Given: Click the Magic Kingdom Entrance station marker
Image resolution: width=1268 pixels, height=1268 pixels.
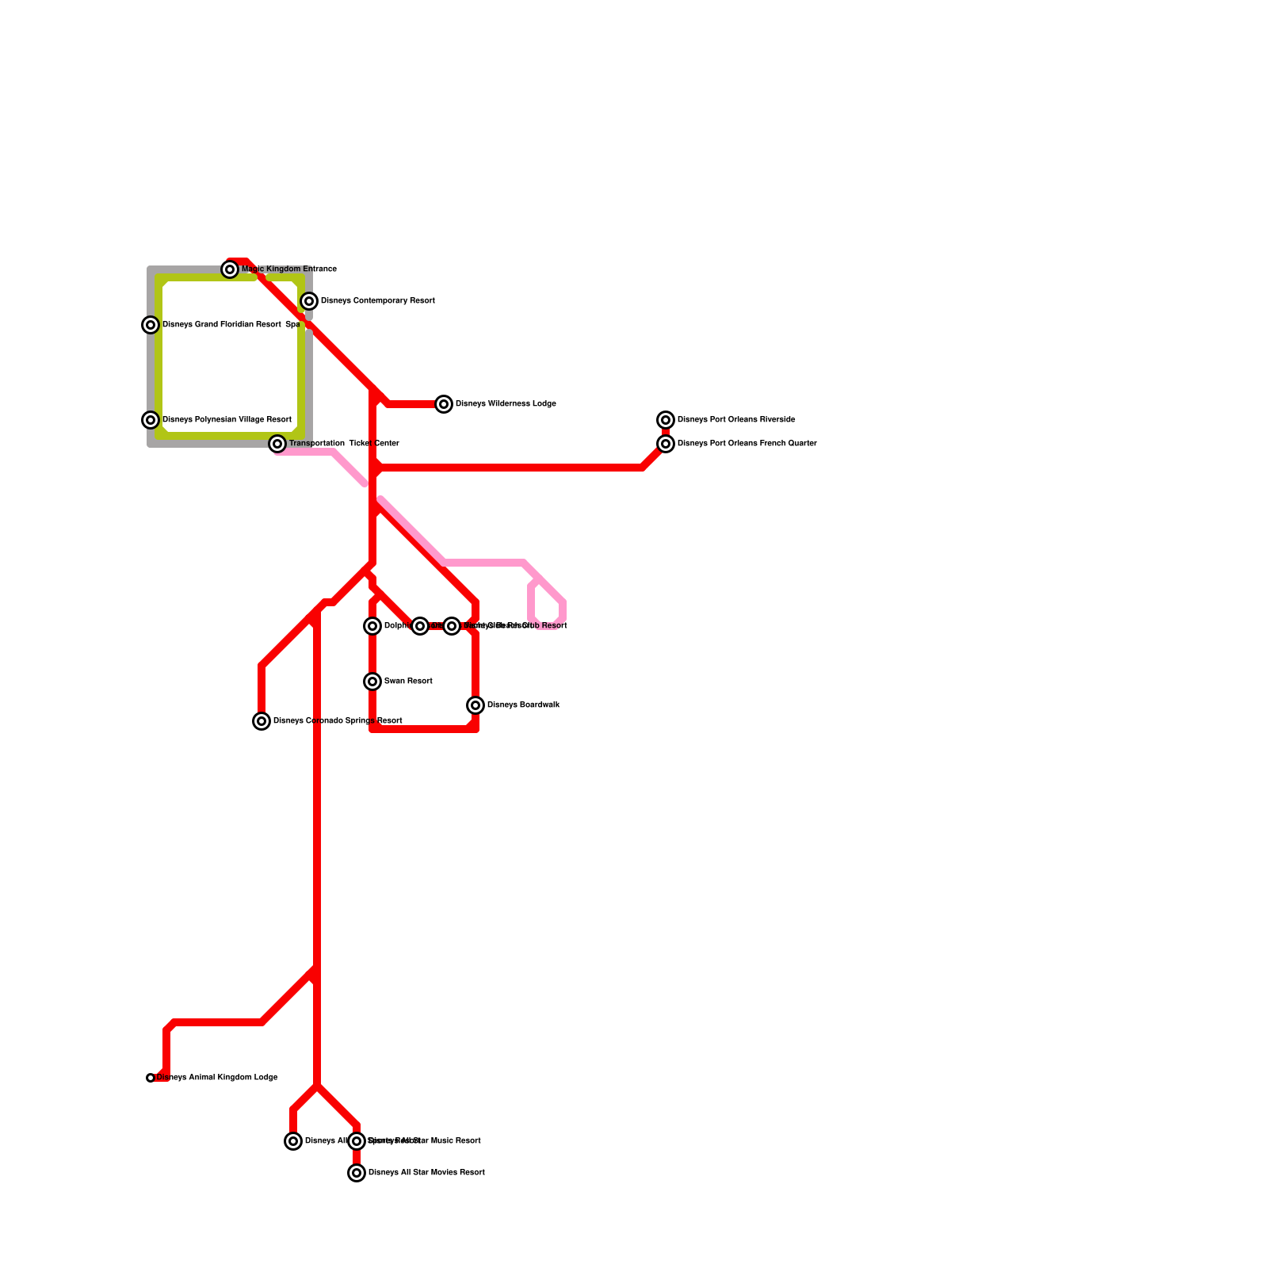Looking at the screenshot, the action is coord(230,269).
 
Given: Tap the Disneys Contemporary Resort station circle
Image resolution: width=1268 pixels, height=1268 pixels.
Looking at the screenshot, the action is coord(309,301).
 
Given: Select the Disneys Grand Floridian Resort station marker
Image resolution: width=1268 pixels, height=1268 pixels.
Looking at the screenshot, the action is coord(151,325).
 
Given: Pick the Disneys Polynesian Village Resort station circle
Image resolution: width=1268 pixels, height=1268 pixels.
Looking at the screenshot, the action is coord(151,420).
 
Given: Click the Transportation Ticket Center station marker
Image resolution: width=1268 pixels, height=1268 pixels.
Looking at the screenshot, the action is coord(277,444).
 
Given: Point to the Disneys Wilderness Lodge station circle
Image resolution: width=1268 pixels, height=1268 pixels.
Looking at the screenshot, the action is coord(444,404).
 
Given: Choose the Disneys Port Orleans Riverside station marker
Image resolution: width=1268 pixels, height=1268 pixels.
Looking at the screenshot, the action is coord(666,420).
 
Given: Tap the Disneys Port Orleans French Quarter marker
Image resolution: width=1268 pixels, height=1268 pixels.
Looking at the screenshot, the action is coord(666,444).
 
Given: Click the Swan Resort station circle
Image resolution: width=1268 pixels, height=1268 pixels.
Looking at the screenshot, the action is coord(372,682).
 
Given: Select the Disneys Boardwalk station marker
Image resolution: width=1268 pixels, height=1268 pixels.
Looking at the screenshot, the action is coord(475,705).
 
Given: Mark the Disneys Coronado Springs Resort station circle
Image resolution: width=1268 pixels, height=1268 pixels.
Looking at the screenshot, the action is coord(262,721).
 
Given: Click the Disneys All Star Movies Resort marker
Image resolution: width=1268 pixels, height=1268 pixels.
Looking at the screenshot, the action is coord(357,1173).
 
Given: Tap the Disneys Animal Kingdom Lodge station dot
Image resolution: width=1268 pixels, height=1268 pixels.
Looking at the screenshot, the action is coord(151,1078).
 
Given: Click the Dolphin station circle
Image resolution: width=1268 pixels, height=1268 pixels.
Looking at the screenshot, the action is coord(372,626).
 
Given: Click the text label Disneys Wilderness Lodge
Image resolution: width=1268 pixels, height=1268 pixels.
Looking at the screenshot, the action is coord(506,404).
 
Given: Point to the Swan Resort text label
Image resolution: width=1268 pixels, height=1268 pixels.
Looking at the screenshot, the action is coord(408,682).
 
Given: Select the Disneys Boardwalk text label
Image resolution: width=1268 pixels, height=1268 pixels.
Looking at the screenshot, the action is coord(523,705).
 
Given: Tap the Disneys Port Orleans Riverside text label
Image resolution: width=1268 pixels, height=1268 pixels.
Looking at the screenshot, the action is coord(736,420).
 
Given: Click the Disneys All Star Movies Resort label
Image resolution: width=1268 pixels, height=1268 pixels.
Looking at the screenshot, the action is coord(426,1173).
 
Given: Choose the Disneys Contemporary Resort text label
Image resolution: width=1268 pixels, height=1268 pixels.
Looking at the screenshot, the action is coord(377,301).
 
